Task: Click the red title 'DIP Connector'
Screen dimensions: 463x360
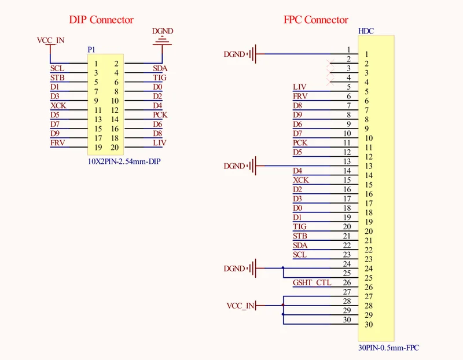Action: tap(101, 20)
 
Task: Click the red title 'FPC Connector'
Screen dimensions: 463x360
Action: tap(315, 20)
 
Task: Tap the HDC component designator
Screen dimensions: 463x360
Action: tap(366, 31)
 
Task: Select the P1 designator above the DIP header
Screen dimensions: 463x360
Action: tap(91, 50)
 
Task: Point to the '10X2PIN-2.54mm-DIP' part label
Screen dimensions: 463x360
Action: tap(124, 161)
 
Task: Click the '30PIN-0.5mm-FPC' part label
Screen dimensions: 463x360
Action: tap(388, 348)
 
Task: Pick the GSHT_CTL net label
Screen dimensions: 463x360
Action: tap(312, 282)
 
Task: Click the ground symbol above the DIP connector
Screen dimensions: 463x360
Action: tap(162, 41)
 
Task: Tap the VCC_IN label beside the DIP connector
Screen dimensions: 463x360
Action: tap(50, 40)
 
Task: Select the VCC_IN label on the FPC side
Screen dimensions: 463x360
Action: tap(240, 306)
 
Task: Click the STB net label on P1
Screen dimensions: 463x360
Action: tap(57, 78)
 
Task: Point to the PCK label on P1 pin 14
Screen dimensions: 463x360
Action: tap(160, 115)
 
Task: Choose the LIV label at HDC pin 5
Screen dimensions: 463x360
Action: tap(299, 87)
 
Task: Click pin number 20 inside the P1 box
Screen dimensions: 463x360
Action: tap(115, 148)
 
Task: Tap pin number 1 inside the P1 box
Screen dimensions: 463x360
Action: tap(96, 64)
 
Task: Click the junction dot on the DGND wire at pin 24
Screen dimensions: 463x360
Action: tap(283, 268)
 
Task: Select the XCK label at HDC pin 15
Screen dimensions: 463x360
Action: tap(300, 180)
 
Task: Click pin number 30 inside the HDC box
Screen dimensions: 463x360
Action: tap(369, 325)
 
